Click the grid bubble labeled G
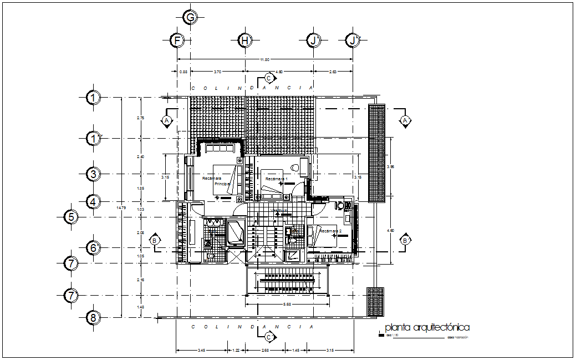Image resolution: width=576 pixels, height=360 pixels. [x=190, y=18]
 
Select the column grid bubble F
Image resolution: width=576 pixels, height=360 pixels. [x=177, y=40]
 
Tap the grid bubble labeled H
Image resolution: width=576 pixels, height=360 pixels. [x=245, y=40]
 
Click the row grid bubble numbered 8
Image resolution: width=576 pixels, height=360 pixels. [x=94, y=318]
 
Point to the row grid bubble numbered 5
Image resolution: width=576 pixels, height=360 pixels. [x=70, y=217]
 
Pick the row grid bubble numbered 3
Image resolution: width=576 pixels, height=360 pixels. [x=94, y=174]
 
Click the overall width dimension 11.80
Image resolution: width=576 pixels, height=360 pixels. [x=265, y=59]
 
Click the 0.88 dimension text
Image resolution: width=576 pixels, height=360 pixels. [x=183, y=72]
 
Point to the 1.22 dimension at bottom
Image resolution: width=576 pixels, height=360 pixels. [x=236, y=350]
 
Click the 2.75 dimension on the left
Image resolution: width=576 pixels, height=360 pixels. [x=141, y=118]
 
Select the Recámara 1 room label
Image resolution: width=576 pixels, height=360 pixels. [x=276, y=179]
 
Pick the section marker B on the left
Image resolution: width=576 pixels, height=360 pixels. [x=155, y=240]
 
